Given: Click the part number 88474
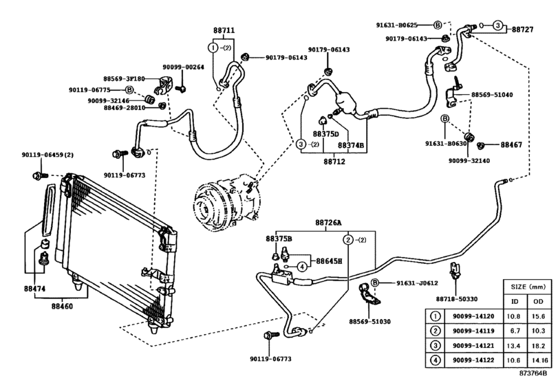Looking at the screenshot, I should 33,288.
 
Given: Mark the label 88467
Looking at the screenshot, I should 512,145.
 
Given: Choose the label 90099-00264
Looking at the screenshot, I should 183,67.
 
